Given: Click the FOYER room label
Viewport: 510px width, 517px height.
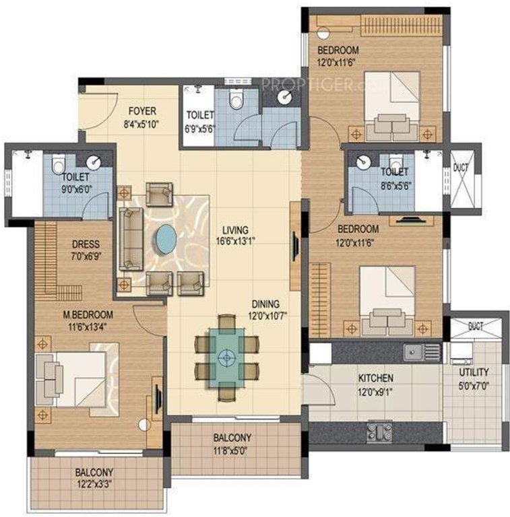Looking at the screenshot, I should pyautogui.click(x=141, y=110).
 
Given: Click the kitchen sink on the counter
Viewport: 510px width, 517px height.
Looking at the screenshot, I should pyautogui.click(x=412, y=351).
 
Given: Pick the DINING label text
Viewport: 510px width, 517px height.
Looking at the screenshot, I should pyautogui.click(x=266, y=304).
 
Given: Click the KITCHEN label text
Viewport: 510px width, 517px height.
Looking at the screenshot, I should pyautogui.click(x=376, y=378).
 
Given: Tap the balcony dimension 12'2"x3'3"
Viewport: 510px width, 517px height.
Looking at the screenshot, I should pyautogui.click(x=94, y=483).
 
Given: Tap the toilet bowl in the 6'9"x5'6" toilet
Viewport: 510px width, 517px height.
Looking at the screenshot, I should pyautogui.click(x=235, y=100).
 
